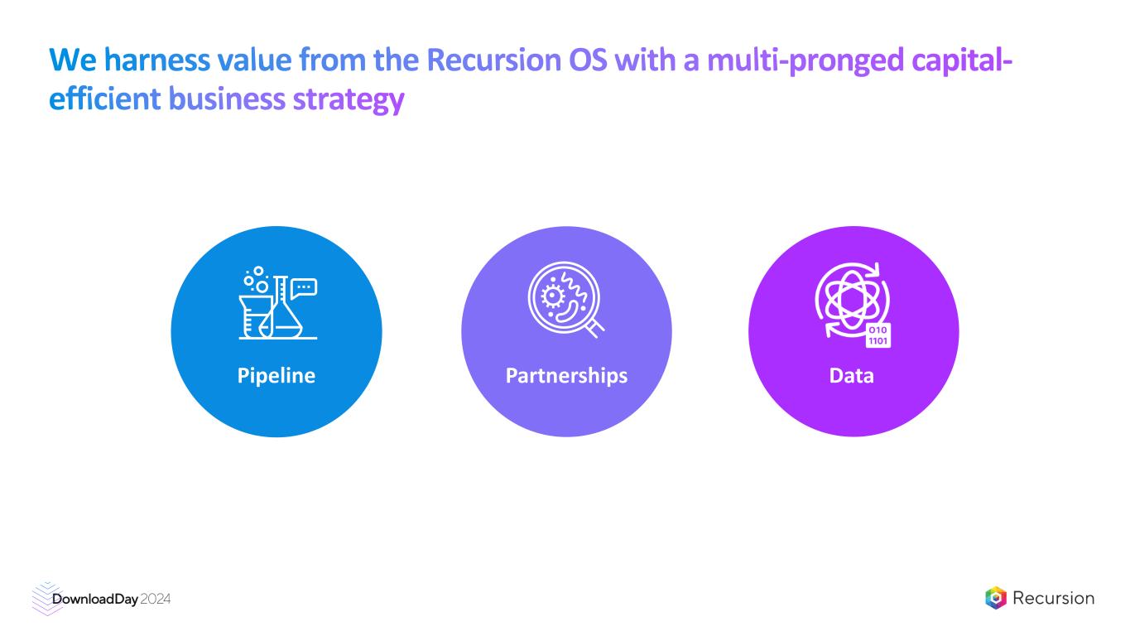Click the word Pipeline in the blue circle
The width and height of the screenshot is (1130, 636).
276,376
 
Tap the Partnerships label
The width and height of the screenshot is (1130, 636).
566,376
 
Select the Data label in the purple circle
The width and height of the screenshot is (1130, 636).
852,376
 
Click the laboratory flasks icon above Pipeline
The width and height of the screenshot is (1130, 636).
278,303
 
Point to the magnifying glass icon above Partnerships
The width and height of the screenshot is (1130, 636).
566,300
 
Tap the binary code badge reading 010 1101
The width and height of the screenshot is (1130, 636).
878,335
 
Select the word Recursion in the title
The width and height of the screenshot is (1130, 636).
494,60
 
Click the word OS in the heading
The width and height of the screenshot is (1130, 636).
588,60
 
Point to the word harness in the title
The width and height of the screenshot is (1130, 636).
157,60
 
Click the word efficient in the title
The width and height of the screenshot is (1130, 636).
105,99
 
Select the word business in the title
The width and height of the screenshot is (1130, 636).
227,99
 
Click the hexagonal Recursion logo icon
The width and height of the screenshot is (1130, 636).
995,598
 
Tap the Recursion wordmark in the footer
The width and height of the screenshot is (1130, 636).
1053,598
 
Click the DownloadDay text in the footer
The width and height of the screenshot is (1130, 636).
95,600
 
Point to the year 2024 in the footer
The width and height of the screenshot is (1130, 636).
156,600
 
